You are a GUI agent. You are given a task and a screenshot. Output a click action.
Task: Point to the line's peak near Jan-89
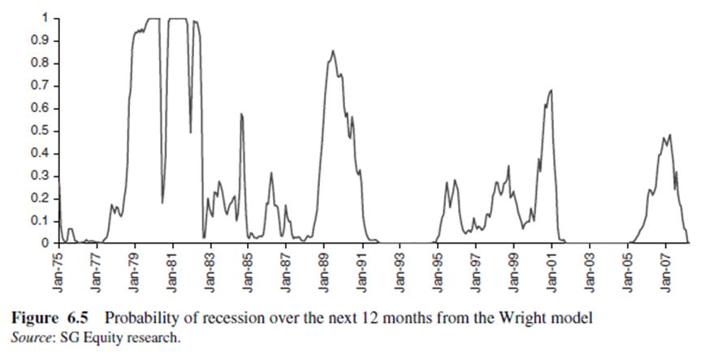332,51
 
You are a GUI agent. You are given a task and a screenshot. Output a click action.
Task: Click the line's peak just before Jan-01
551,90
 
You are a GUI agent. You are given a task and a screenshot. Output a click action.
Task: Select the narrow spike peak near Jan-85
241,114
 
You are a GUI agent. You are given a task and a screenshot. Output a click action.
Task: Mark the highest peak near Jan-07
670,135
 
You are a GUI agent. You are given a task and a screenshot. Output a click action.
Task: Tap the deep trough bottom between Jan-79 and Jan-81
162,202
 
